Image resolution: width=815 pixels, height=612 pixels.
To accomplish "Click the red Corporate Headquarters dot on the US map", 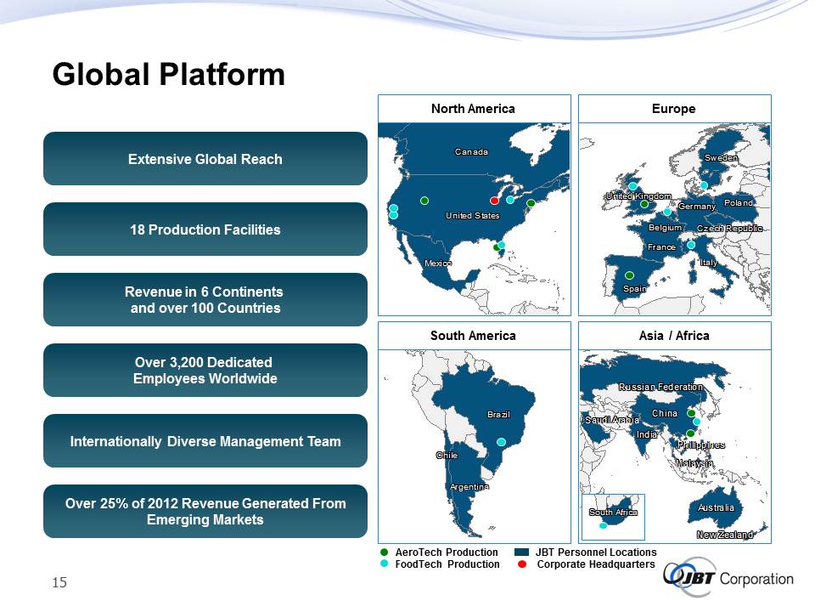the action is point(494,201).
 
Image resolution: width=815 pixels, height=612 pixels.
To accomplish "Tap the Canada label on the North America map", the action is point(471,152).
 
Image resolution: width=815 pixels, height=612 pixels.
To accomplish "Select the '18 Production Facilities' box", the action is point(205,229).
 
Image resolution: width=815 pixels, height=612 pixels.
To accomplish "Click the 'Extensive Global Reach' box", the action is point(205,159).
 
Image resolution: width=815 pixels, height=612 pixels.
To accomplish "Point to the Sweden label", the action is point(721,158).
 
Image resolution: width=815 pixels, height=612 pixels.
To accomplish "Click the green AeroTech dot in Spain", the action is point(629,275).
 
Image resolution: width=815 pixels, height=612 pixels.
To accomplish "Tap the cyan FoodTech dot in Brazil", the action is point(501,442).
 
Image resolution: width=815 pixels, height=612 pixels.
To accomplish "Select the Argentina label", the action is point(469,486).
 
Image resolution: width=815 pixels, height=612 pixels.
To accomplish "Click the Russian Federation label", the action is point(660,387).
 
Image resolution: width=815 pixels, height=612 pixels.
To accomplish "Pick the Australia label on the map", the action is point(716,507).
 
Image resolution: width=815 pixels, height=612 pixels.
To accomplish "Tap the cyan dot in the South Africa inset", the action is point(603,525).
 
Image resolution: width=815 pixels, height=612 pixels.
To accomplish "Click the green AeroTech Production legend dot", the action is point(384,552).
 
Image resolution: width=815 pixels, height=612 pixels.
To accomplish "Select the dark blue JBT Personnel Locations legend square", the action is point(521,552).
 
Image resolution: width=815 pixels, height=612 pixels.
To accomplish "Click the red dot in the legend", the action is point(522,564).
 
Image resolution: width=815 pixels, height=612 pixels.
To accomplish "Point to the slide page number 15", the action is point(59,582).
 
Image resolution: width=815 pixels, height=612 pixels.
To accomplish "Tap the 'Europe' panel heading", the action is point(673,109).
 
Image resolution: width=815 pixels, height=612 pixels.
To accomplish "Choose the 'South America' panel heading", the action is point(473,336).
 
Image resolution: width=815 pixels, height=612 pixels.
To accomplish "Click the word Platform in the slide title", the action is point(222,75).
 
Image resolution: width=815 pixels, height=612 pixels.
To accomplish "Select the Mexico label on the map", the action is point(438,263).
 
